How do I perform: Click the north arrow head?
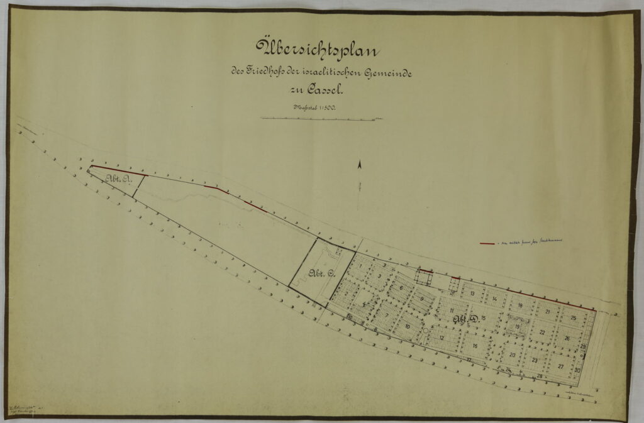(x=360, y=165)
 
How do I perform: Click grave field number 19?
(x=517, y=327)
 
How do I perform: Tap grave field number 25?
(x=574, y=318)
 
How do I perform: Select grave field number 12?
(x=442, y=338)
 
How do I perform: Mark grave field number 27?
(x=560, y=365)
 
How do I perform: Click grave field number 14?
(x=495, y=299)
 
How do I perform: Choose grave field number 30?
(x=577, y=371)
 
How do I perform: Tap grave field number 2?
(x=346, y=293)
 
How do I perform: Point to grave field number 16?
(x=475, y=346)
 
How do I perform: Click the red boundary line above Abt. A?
(x=116, y=170)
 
